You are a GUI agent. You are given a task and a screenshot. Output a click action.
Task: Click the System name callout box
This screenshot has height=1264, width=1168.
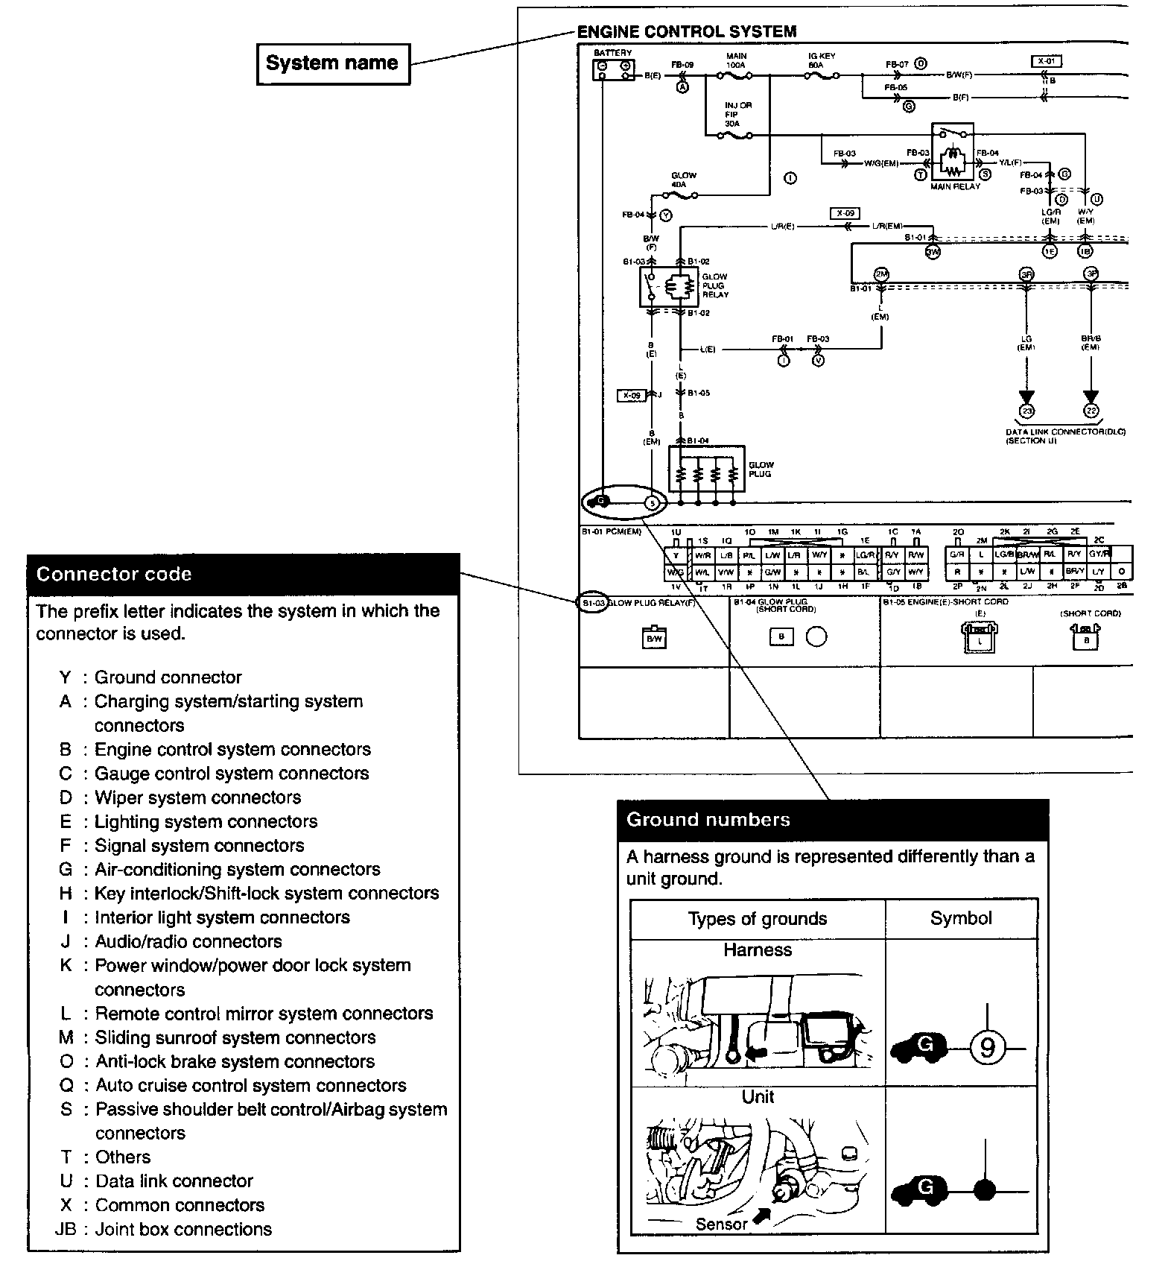[x=332, y=63]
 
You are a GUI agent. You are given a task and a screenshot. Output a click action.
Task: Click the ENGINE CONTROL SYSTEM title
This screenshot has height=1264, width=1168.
[x=687, y=31]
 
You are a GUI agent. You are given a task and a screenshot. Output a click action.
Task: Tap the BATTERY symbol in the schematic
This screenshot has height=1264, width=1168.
[x=613, y=69]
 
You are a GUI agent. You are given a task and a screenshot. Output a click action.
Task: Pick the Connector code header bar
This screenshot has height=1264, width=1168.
[x=243, y=574]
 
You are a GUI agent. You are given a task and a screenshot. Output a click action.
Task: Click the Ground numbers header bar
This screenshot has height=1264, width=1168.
[x=832, y=820]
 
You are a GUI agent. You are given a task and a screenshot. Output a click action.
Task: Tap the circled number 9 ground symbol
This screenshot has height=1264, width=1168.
[x=987, y=1048]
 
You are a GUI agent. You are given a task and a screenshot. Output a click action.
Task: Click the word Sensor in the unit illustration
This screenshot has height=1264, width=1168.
[x=721, y=1224]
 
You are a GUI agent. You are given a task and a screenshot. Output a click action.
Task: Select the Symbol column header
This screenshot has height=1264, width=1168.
[x=961, y=918]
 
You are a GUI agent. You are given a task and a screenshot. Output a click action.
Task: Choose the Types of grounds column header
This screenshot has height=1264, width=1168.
[x=757, y=919]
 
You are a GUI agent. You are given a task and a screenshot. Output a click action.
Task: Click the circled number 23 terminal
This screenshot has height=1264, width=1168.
[x=1026, y=411]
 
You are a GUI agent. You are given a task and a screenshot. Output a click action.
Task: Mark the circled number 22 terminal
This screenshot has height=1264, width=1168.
[x=1091, y=411]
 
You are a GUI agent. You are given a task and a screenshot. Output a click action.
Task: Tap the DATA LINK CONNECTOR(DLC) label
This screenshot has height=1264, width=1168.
[x=1065, y=432]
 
